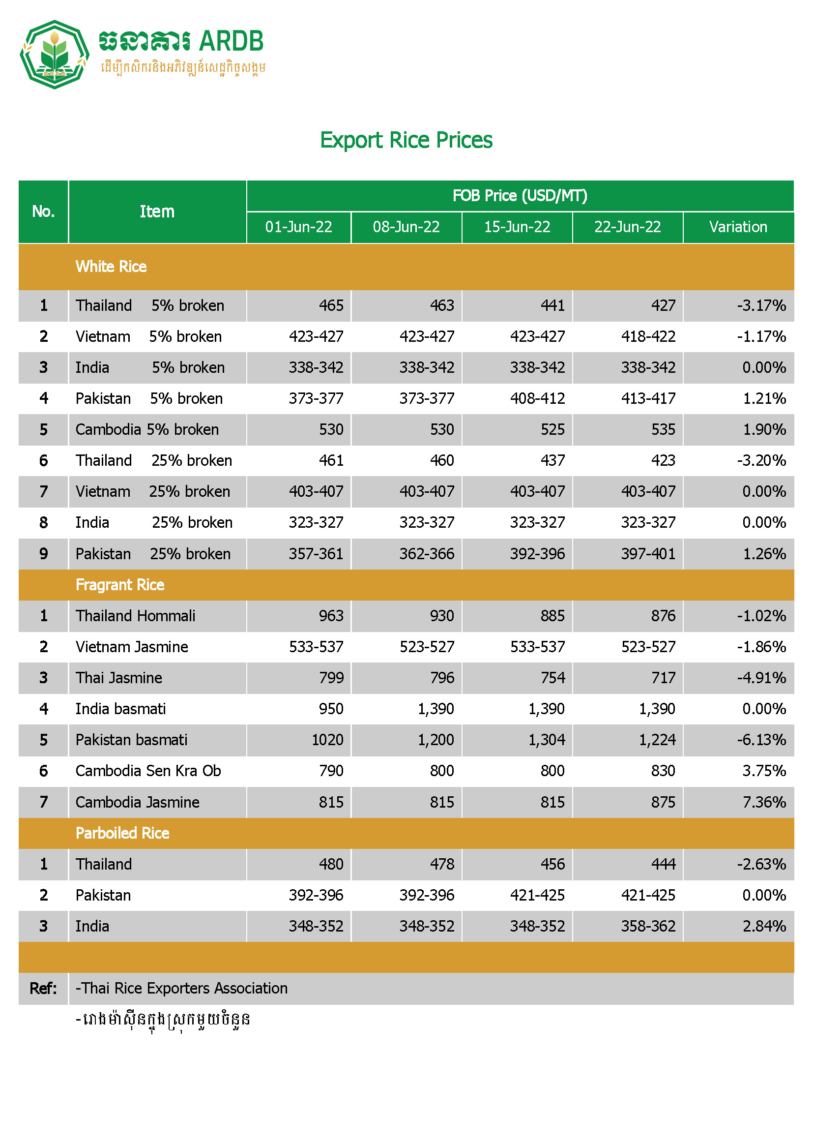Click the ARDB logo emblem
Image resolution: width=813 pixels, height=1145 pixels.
click(x=54, y=54)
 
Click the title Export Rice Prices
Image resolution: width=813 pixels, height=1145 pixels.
click(x=406, y=140)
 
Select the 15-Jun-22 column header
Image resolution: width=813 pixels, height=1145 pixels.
click(x=517, y=227)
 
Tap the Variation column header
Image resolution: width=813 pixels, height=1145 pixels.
click(x=738, y=227)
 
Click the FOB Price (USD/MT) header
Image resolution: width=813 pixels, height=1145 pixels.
click(x=520, y=196)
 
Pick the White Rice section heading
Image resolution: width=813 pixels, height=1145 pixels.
click(x=111, y=267)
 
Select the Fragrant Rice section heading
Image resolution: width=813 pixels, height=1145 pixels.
click(x=119, y=585)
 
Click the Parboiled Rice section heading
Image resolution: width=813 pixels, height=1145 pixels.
click(x=122, y=833)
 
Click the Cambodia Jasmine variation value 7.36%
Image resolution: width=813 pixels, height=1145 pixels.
click(x=764, y=802)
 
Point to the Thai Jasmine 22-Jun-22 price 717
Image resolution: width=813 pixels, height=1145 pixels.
click(x=663, y=678)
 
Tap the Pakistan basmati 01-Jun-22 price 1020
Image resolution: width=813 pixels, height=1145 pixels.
click(x=327, y=740)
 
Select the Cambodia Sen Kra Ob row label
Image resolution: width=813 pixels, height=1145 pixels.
click(x=148, y=771)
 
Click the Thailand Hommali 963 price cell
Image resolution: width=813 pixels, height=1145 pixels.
click(x=331, y=616)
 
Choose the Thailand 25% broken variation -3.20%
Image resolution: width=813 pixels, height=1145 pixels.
click(x=761, y=461)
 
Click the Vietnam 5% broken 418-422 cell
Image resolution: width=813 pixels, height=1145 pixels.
click(x=648, y=336)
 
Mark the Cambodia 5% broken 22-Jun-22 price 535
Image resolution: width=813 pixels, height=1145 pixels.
click(x=663, y=430)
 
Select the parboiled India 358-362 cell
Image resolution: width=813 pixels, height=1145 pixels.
click(x=648, y=927)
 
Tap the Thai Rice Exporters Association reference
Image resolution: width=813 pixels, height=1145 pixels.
click(x=182, y=989)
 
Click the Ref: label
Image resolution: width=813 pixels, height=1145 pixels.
click(x=43, y=989)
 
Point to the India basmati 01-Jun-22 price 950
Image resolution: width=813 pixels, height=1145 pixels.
click(x=331, y=709)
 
